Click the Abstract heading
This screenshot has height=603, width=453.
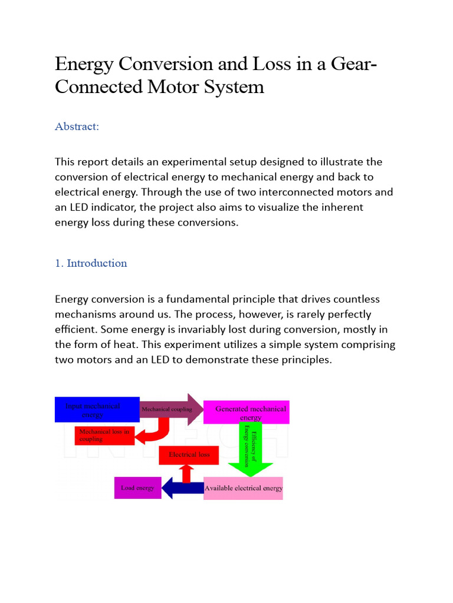coord(77,127)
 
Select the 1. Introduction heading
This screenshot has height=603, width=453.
coord(91,263)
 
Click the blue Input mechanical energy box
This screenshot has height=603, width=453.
coord(97,409)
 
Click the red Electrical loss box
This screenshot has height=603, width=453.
coord(189,455)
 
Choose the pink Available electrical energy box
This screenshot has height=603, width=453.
coord(243,488)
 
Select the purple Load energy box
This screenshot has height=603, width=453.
coord(137,488)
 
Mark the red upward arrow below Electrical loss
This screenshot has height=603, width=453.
coord(187,473)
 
